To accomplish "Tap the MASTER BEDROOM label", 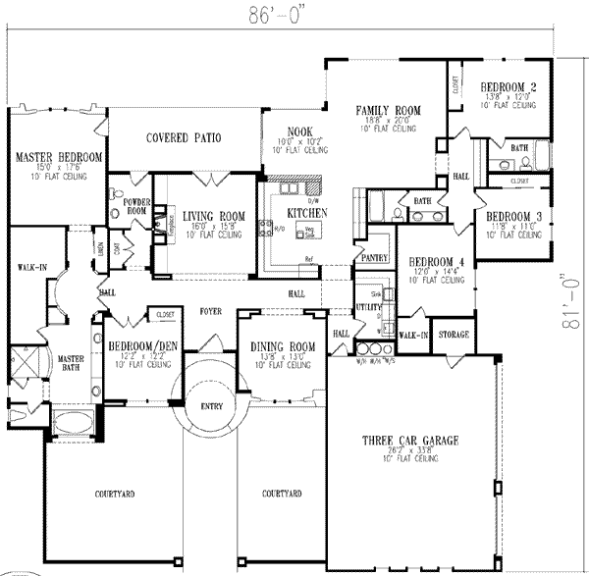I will (59, 157).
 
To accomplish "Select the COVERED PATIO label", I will (184, 138).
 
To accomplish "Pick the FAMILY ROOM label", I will (389, 111).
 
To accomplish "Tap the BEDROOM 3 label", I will (508, 216).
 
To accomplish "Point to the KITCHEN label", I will (306, 213).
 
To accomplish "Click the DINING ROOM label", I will (283, 346).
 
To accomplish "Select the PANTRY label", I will (374, 256).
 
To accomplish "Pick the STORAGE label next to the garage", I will (453, 335).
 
